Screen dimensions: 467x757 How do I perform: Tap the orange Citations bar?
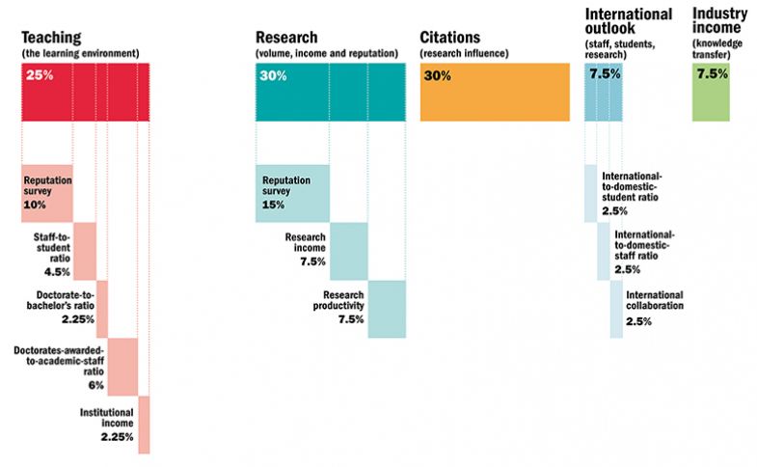494,93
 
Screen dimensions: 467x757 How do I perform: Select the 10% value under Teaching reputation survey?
36,205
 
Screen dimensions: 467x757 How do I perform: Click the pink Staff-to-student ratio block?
85,251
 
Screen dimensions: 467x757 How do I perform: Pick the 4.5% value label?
54,271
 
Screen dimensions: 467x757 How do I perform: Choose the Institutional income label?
106,418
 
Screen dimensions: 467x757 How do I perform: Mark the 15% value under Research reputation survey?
273,205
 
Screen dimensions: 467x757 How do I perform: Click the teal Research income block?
348,251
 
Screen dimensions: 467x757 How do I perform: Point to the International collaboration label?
654,300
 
